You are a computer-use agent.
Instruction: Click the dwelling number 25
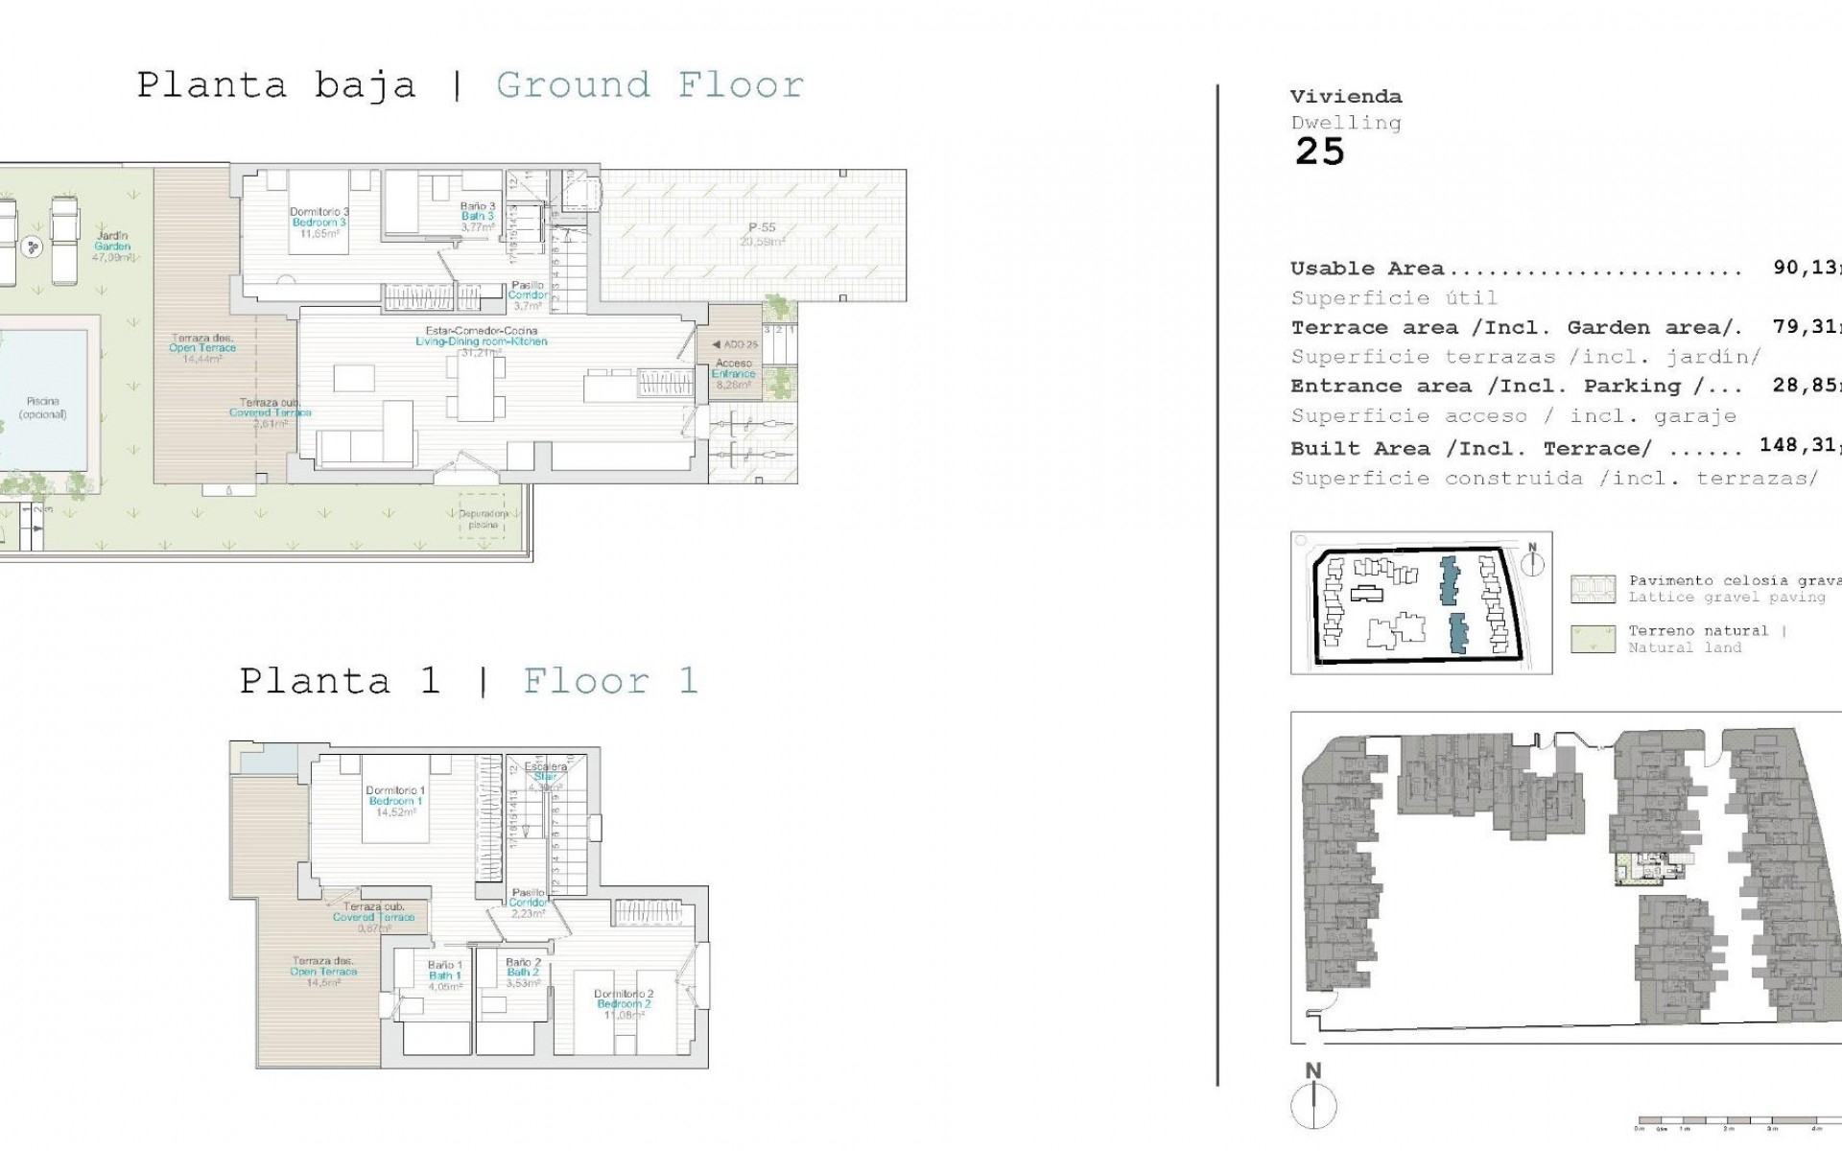point(1320,152)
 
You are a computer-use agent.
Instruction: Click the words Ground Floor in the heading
point(649,85)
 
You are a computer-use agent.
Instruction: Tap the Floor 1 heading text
point(609,681)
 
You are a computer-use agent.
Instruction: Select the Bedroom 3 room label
point(319,223)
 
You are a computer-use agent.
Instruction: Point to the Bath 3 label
point(477,217)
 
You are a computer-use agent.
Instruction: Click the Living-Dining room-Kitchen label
point(482,341)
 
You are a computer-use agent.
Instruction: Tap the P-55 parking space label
point(762,228)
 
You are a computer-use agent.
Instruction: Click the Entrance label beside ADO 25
point(734,374)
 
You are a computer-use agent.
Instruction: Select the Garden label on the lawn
point(112,247)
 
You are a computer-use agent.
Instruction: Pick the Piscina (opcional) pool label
point(42,409)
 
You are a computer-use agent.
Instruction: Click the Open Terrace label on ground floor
point(201,348)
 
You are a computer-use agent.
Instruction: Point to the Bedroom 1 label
point(394,801)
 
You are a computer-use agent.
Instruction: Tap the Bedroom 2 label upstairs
point(624,1003)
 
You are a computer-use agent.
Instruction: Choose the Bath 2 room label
point(524,973)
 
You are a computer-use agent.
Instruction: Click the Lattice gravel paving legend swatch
point(1593,589)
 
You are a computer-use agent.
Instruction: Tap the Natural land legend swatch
point(1593,639)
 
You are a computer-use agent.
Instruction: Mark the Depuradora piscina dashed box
point(484,519)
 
